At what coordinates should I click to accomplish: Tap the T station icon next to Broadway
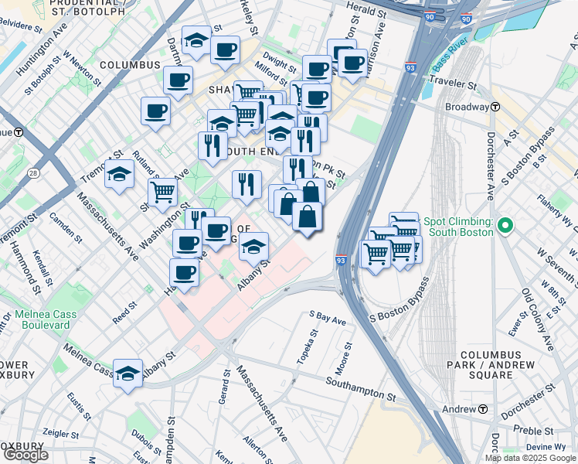(495, 107)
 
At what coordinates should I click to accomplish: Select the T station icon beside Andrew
(482, 408)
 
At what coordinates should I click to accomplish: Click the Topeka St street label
(311, 348)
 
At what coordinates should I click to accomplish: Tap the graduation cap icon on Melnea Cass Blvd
(128, 373)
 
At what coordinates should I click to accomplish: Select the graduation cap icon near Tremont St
(120, 175)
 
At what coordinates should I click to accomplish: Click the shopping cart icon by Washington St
(163, 190)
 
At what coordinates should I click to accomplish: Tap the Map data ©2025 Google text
(531, 458)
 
